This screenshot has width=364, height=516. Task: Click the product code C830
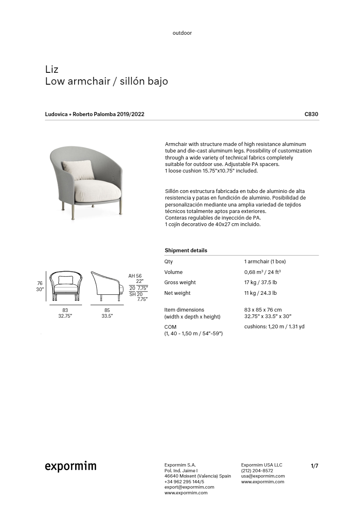pos(311,114)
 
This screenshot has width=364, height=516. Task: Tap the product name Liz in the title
pos(52,69)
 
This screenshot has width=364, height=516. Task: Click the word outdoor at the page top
pos(182,33)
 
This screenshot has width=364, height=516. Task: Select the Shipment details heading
pos(186,250)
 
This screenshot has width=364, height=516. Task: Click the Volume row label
pos(173,272)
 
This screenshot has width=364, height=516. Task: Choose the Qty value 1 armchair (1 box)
pos(265,262)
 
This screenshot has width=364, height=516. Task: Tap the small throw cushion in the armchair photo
pos(78,170)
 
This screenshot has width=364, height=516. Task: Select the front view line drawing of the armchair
pos(66,286)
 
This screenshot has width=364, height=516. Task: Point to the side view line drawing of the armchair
pos(107,285)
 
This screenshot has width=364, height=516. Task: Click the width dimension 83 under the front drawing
pos(65,310)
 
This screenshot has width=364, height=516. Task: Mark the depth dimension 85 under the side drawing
pos(107,310)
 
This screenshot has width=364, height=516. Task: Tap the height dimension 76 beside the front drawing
pos(40,283)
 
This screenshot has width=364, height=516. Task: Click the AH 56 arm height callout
pos(135,276)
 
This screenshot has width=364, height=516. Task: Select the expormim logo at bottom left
pos(71,467)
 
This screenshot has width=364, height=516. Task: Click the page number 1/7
pos(314,466)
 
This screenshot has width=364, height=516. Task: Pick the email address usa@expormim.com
pos(263,476)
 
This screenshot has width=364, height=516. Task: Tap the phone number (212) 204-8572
pos(257,471)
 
